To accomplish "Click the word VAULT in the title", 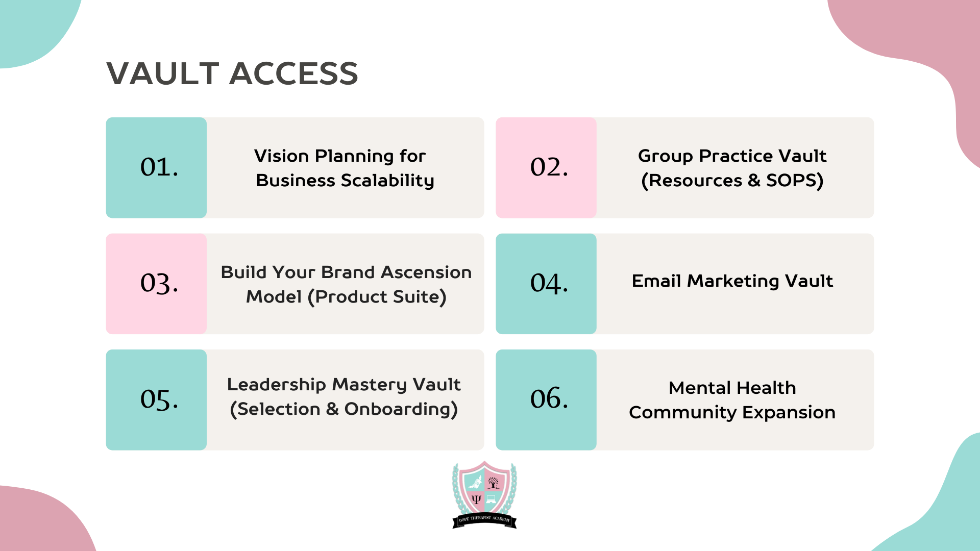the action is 163,73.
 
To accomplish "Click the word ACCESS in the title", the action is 294,73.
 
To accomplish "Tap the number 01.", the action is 159,167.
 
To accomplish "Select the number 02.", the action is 549,167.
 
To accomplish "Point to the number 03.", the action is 159,284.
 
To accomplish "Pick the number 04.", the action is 549,284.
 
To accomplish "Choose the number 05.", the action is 159,399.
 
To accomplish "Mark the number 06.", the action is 549,398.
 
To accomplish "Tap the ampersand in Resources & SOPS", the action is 754,181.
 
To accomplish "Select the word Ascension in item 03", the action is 426,272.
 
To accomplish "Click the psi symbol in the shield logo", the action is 476,499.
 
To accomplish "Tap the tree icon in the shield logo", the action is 493,483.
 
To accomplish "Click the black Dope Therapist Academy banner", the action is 484,520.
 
